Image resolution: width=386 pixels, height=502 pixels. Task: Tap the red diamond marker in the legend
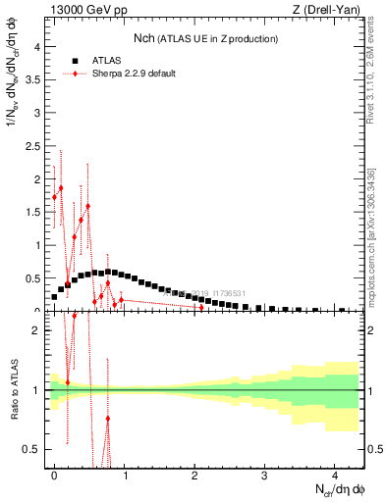(x=76, y=74)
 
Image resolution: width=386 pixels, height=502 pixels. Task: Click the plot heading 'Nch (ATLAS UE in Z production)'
(x=205, y=38)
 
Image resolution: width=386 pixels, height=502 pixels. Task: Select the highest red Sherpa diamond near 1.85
(x=61, y=188)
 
